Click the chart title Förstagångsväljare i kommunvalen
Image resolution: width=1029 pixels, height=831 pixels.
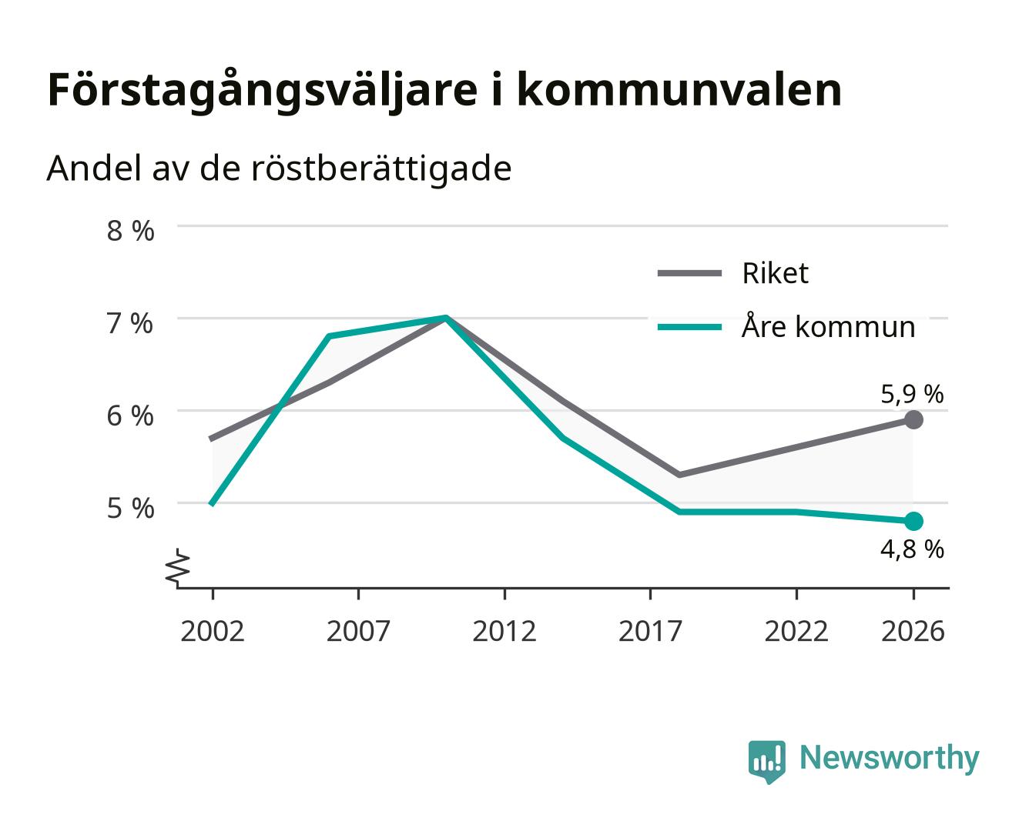(x=444, y=91)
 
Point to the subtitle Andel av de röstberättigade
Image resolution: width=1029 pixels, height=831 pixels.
(x=279, y=169)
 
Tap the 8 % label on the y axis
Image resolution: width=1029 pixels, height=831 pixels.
(x=130, y=231)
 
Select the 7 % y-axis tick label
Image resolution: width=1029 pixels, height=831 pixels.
(x=130, y=324)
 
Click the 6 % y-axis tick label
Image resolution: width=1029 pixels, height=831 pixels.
(x=130, y=416)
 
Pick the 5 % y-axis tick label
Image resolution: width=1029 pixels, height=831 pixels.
(x=130, y=509)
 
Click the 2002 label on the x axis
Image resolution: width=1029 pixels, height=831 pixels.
(x=212, y=631)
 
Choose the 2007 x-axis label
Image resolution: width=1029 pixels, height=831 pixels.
(x=358, y=631)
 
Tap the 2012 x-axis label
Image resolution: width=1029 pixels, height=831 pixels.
(x=504, y=631)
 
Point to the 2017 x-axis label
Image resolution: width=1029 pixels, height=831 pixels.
(x=650, y=631)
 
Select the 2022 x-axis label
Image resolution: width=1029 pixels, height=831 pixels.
(x=796, y=631)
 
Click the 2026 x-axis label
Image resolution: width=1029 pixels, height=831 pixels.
(x=913, y=631)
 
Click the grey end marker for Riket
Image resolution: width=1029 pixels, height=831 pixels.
(x=913, y=420)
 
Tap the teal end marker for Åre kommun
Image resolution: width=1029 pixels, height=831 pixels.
(x=913, y=521)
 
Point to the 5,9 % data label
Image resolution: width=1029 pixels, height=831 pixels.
(x=912, y=394)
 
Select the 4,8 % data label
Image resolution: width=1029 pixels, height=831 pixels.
(x=912, y=549)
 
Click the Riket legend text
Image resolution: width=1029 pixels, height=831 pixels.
(x=775, y=274)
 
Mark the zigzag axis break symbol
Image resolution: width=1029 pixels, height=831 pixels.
(x=178, y=568)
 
